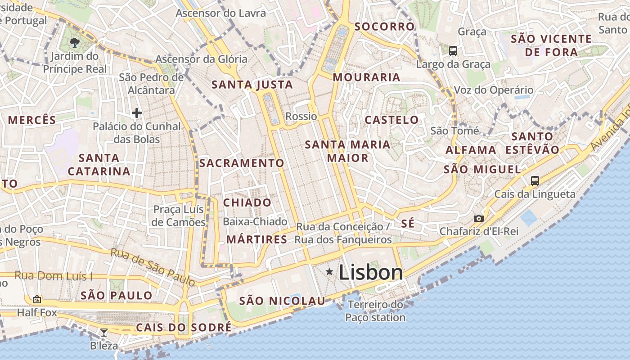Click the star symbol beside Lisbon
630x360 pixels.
point(329,271)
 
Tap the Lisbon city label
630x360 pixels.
point(371,272)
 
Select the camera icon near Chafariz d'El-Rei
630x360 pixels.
point(479,219)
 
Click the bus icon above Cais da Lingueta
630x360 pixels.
point(535,181)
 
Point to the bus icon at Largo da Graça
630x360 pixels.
point(453,50)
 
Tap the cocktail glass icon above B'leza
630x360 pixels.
point(104,333)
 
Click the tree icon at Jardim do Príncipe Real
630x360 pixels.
point(75,43)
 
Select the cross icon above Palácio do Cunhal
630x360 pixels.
point(137,112)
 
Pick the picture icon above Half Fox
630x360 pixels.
point(37,299)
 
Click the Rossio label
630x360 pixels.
point(301,116)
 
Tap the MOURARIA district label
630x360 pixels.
point(366,77)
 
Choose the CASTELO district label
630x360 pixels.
point(391,120)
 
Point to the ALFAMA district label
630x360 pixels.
point(471,150)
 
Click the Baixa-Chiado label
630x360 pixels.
point(255,221)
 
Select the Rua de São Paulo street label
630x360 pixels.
point(153,267)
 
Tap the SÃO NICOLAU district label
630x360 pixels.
point(282,301)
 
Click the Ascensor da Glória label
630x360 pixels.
point(201,59)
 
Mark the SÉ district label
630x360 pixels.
point(407,224)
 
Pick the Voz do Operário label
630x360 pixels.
point(493,90)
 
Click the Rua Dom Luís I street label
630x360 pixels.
point(54,275)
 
